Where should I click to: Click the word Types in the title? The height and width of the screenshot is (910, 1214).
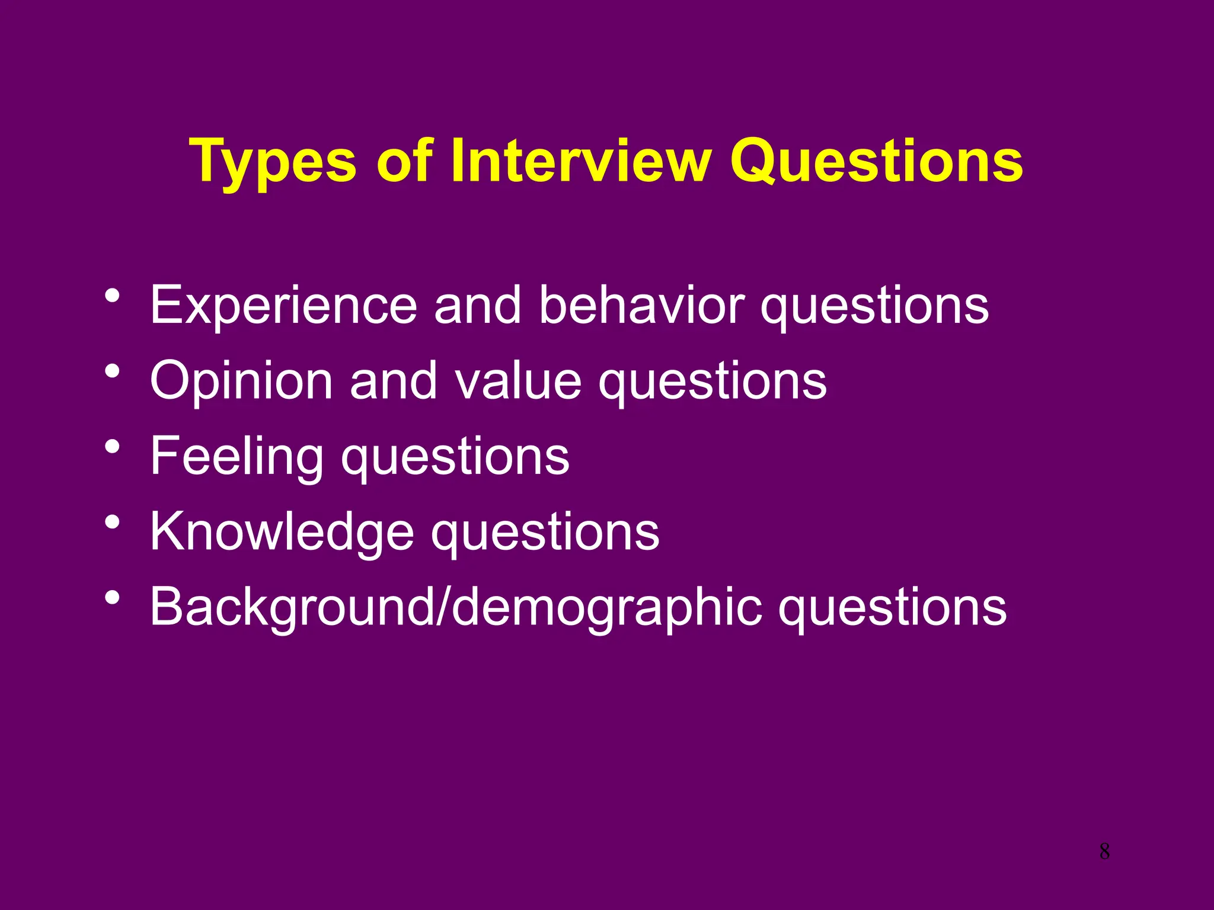[273, 161]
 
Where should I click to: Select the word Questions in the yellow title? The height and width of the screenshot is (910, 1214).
[877, 161]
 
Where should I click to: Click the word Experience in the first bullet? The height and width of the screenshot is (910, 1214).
[283, 306]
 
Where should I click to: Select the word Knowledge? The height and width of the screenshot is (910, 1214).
[282, 532]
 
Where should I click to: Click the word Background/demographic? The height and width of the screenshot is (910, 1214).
[456, 608]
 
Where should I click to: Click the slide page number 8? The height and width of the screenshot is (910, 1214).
[1104, 851]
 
